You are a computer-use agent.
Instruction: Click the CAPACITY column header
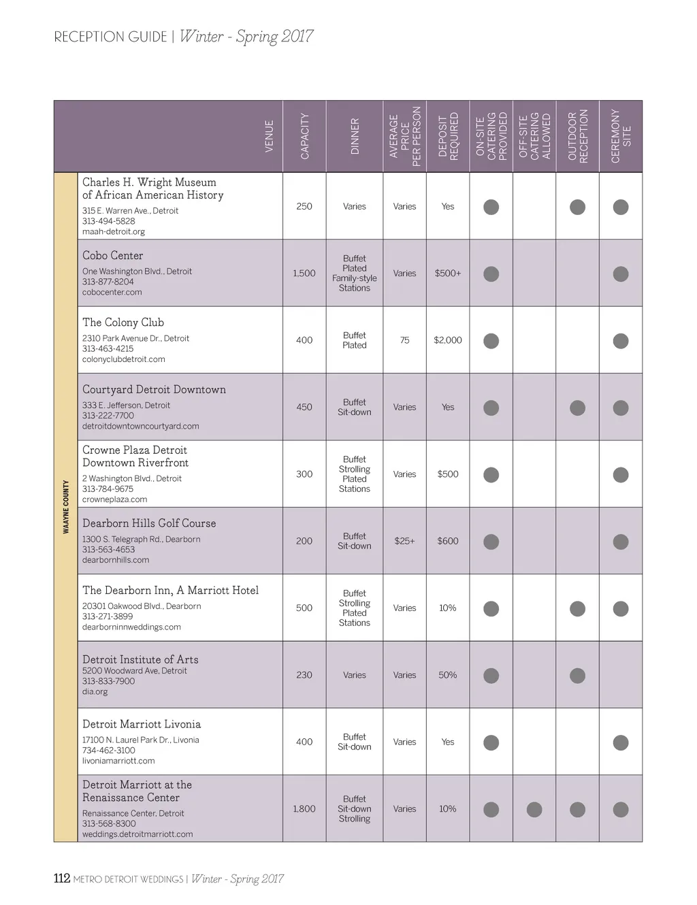coord(304,136)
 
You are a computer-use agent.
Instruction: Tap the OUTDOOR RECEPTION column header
coord(577,136)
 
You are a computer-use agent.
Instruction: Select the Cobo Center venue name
coord(113,256)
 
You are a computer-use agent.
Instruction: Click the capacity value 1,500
coord(304,274)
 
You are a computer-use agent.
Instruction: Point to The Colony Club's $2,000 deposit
coord(448,340)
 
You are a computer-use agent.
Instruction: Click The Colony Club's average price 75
coord(405,340)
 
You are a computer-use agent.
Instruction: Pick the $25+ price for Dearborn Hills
coord(404,541)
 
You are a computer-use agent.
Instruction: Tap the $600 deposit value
coord(448,541)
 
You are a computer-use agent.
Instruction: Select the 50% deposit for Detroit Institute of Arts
coord(448,675)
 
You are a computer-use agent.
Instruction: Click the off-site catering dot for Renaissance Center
coord(534,809)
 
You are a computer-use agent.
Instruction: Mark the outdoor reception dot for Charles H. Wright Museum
coord(577,207)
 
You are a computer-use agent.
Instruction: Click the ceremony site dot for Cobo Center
coord(621,274)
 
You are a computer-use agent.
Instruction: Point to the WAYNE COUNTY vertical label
coord(66,507)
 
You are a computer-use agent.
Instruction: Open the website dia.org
coord(95,692)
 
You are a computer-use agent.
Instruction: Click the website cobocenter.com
coord(112,293)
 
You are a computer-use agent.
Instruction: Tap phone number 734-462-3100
coord(109,751)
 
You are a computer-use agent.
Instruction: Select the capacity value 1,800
coord(304,809)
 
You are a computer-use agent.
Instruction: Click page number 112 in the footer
coord(62,878)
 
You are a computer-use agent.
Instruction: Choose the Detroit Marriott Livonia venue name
coord(142,725)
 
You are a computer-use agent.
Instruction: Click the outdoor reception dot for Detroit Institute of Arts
coord(577,676)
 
